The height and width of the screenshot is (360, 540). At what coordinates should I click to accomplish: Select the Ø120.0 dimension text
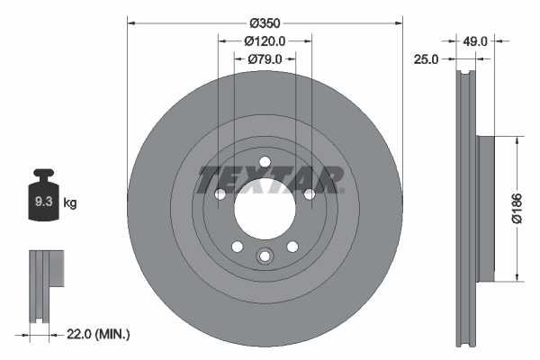coord(265,40)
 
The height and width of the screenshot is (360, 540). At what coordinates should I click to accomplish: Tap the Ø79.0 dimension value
coord(265,58)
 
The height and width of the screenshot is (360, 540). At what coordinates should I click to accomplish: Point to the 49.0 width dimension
coord(476,40)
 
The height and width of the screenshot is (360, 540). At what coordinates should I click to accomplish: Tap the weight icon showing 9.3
coord(42,199)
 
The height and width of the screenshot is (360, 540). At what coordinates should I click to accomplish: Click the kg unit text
coord(71,203)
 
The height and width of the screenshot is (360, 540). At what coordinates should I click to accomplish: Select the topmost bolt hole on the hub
coord(265,163)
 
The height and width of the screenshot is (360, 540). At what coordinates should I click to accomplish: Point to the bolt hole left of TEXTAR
coord(220,194)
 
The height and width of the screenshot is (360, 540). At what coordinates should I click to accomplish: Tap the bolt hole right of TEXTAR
coord(310,194)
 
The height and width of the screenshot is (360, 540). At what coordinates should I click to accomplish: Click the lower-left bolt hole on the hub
coord(237,247)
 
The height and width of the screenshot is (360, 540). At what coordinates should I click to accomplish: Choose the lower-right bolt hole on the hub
coord(292,247)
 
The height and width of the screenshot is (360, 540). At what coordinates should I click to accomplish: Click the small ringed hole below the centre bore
coord(265,256)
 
